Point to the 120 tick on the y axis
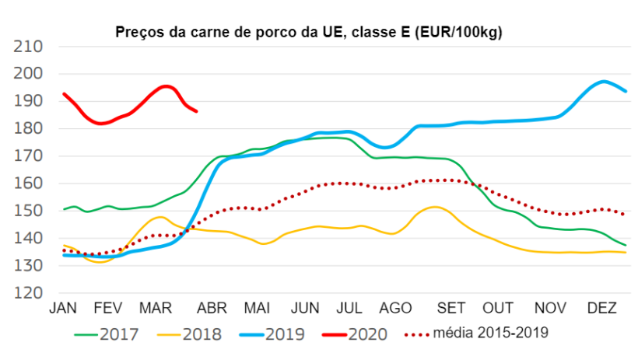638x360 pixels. click(x=29, y=294)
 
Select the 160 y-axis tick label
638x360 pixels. click(x=29, y=184)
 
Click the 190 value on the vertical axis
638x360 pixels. click(x=29, y=101)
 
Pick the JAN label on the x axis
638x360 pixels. click(x=64, y=309)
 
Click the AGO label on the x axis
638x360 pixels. click(x=395, y=309)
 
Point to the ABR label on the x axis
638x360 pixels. click(x=211, y=309)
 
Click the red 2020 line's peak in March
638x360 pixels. click(x=165, y=86)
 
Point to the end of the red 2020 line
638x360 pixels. click(x=196, y=111)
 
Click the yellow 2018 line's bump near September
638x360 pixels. click(x=436, y=207)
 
